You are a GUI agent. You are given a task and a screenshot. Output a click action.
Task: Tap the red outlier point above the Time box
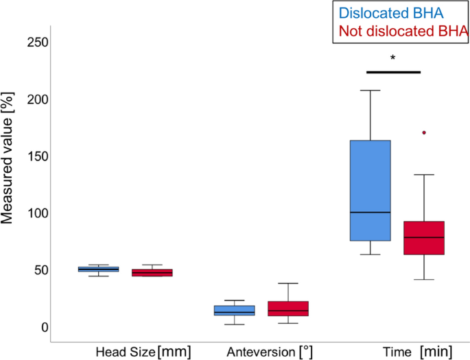coord(424,132)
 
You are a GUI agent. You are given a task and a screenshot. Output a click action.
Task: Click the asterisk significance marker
coord(392,59)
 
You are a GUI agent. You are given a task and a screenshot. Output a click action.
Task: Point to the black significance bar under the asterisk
coord(393,71)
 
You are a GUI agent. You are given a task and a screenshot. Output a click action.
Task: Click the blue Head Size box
coord(98,269)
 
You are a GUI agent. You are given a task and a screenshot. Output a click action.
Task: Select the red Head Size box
coord(152,272)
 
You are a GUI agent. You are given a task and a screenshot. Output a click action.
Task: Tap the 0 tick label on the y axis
coord(43,327)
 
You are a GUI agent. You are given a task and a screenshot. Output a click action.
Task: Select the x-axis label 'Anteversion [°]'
coord(270,352)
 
